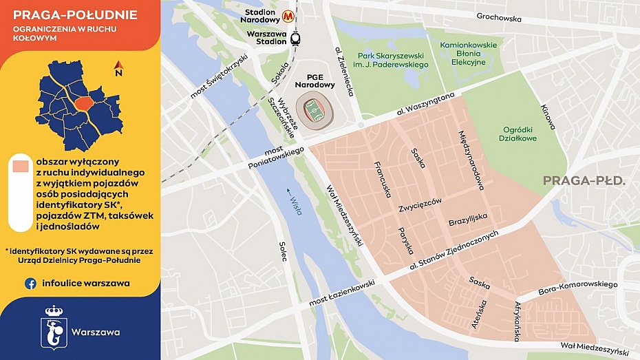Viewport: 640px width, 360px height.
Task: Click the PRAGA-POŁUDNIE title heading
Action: tap(75, 15)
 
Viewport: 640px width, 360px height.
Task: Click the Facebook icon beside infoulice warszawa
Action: tap(31, 283)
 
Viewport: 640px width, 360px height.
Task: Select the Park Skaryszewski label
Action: tap(393, 60)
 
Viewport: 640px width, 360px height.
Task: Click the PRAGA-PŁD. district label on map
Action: tap(584, 181)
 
